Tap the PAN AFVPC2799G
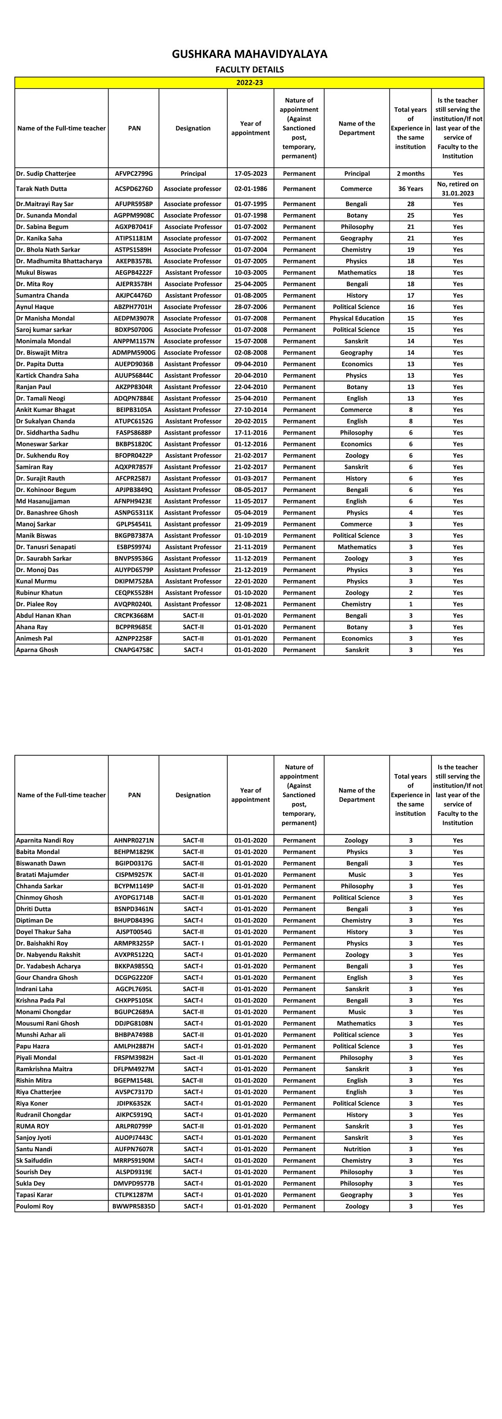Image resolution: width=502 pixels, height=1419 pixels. pos(134,174)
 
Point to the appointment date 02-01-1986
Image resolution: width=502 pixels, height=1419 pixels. pos(251,189)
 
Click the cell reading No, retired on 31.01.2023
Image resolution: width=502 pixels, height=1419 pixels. pos(457,189)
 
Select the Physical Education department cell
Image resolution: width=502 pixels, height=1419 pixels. pos(356,318)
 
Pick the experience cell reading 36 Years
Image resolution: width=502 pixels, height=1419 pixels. pos(410,189)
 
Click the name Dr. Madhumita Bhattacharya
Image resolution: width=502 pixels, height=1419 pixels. pos(59,261)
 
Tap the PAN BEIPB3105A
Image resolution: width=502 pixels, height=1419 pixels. pos(134,410)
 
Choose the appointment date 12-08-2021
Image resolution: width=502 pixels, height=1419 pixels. pos(251,604)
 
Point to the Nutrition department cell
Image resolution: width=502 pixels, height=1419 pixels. pos(356,1149)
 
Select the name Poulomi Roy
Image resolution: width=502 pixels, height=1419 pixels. pos(35,1207)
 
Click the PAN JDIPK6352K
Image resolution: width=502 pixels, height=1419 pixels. pos(134,1103)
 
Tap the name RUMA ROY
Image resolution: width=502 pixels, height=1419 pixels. pos(32,1126)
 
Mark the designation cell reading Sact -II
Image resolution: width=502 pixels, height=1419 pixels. pos(193,1058)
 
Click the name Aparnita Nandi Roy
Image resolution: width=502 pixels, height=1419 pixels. pos(45,841)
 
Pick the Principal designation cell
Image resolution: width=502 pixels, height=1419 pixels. pos(193,174)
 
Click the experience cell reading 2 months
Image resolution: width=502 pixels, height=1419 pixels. pos(410,174)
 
